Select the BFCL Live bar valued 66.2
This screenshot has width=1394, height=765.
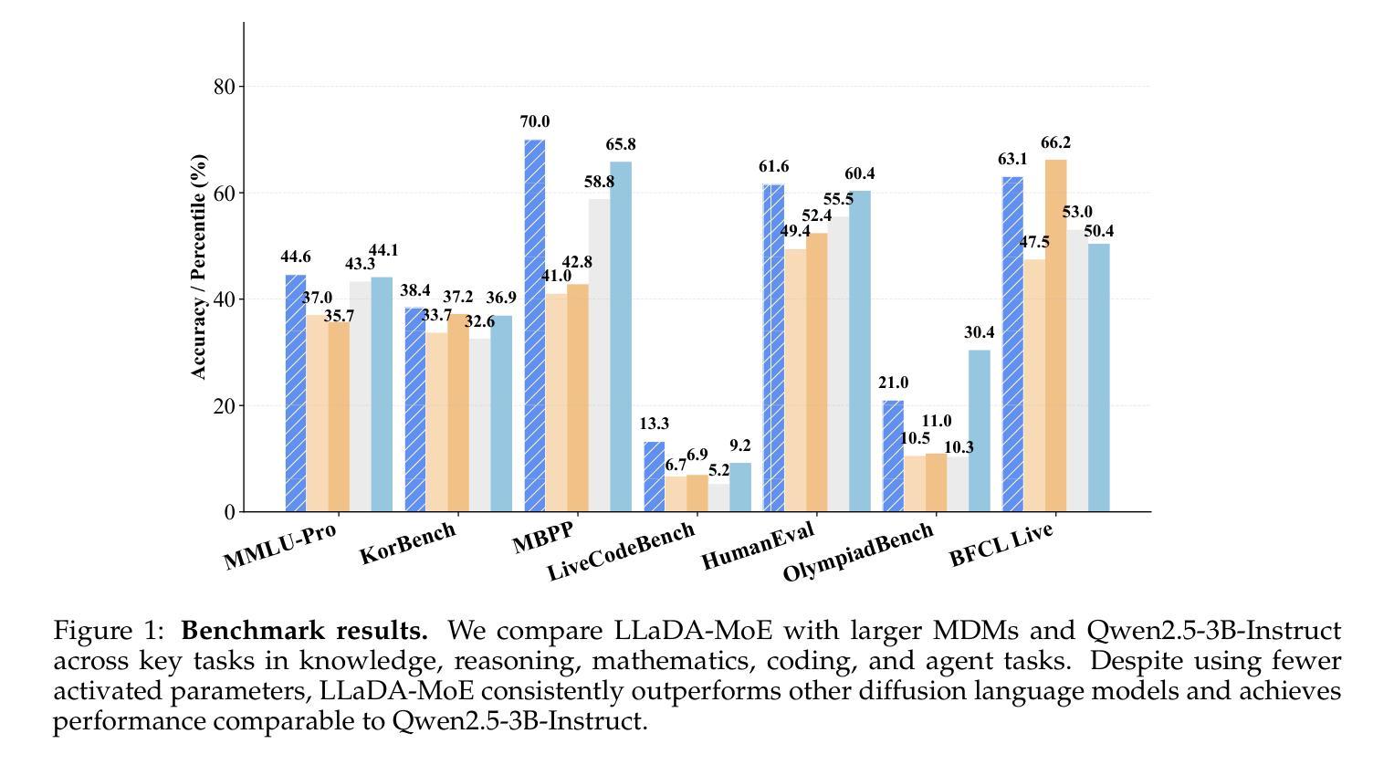coord(1056,336)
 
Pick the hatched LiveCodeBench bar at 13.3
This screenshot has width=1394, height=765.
coord(654,477)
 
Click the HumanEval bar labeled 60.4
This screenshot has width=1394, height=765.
coord(860,351)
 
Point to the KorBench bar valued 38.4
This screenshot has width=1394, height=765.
coord(414,410)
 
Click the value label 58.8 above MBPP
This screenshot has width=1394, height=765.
coord(599,183)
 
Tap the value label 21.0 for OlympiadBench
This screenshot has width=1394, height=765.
coord(893,383)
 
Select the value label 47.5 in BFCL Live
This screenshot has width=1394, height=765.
coord(1034,243)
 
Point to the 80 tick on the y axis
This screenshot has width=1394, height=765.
coord(225,87)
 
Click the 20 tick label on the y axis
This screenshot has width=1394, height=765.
coord(225,405)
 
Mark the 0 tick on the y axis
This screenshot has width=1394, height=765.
coord(229,512)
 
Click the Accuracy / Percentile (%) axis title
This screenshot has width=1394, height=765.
coord(199,267)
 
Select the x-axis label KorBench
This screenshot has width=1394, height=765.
coord(407,543)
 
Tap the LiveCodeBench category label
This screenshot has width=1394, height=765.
coord(621,551)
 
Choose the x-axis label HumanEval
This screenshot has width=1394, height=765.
coord(758,546)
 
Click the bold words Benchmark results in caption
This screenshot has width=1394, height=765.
coord(304,631)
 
